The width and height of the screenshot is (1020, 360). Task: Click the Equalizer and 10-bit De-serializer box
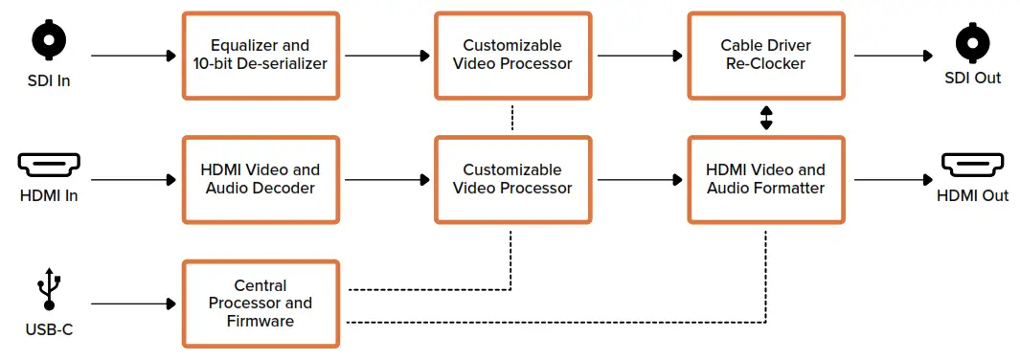[261, 56]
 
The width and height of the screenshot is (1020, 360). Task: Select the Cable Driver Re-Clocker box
[765, 56]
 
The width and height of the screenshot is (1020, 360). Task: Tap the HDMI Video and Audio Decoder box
[261, 179]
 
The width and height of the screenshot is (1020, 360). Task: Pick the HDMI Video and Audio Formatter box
[765, 179]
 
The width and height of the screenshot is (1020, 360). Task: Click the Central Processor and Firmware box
[261, 304]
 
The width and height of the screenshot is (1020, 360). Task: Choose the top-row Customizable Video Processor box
[512, 56]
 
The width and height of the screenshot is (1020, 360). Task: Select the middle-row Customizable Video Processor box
[512, 179]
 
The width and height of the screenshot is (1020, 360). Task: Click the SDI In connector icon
[50, 40]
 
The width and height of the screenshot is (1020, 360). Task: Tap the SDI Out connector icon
[973, 41]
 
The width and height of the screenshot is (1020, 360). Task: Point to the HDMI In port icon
[50, 166]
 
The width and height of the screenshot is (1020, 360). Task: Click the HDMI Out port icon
[973, 166]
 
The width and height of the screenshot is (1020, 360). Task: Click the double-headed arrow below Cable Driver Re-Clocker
[765, 118]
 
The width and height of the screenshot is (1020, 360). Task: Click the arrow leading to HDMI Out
[890, 179]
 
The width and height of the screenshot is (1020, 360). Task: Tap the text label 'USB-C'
[50, 330]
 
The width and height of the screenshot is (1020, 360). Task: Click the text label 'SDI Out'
[973, 78]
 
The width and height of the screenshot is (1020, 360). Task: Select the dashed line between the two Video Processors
[512, 118]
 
